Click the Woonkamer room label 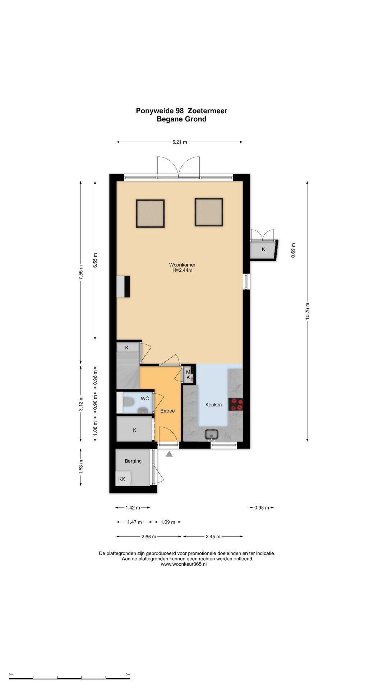182,265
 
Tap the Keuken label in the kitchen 213,405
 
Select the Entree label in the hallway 167,411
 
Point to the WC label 145,399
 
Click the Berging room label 133,461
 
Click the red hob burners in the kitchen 237,404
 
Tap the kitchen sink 212,434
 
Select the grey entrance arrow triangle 169,454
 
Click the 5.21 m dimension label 180,142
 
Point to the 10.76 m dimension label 307,311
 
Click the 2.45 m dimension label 213,537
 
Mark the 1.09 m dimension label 168,522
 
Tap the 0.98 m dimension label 262,508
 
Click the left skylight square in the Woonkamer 150,213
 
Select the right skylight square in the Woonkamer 209,212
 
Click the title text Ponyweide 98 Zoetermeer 181,111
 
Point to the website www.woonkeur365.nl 184,564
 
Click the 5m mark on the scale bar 128,675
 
